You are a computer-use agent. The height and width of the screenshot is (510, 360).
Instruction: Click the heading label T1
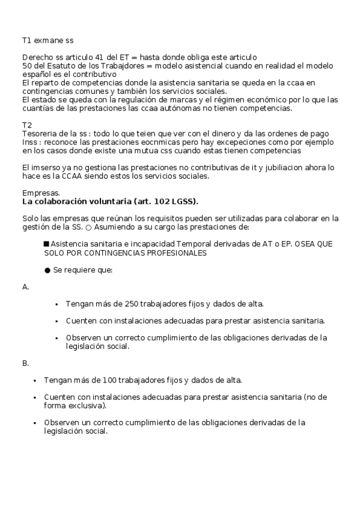(x=26, y=40)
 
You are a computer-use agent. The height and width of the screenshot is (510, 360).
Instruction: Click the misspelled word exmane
(x=49, y=40)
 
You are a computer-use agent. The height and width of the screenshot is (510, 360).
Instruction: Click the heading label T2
(x=26, y=124)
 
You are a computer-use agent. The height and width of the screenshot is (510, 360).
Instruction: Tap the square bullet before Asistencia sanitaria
(x=46, y=244)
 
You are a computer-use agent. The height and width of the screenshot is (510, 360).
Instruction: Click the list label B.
(x=25, y=363)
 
